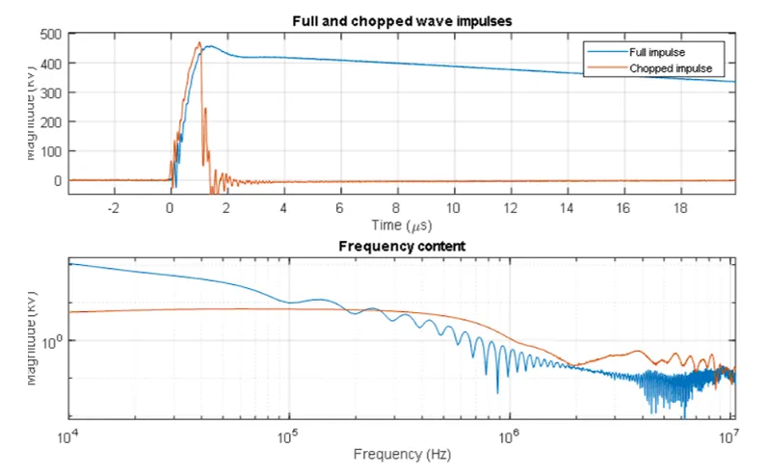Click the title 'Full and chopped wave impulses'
coord(401,21)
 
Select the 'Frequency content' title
coord(402,247)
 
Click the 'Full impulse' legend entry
coord(657,51)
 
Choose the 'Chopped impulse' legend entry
coord(665,68)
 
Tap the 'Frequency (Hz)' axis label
coord(401,453)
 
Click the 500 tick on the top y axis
coord(50,34)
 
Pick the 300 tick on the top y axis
coord(50,92)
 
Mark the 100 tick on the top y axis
coord(50,151)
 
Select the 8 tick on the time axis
coord(397,207)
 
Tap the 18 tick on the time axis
coord(679,207)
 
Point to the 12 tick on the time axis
coord(510,207)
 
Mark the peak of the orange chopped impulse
coord(199,42)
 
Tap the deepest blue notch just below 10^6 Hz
coord(498,392)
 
